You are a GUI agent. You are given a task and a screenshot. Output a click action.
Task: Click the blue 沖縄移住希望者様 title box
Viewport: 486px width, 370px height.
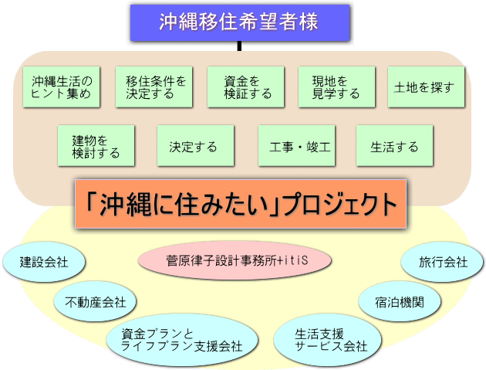(x=239, y=22)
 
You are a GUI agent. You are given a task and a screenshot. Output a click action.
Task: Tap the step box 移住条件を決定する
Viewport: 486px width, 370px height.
(x=154, y=87)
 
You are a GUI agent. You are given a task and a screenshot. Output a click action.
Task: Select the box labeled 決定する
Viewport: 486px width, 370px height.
(x=193, y=146)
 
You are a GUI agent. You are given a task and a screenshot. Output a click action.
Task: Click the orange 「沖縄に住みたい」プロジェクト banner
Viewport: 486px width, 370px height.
(x=239, y=204)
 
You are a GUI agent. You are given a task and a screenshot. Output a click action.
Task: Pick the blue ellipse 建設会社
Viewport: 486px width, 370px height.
(x=44, y=262)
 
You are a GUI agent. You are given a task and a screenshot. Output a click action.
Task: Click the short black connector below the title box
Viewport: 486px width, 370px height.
(x=239, y=46)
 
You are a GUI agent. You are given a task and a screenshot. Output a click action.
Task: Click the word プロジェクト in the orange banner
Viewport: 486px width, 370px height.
(x=339, y=205)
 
